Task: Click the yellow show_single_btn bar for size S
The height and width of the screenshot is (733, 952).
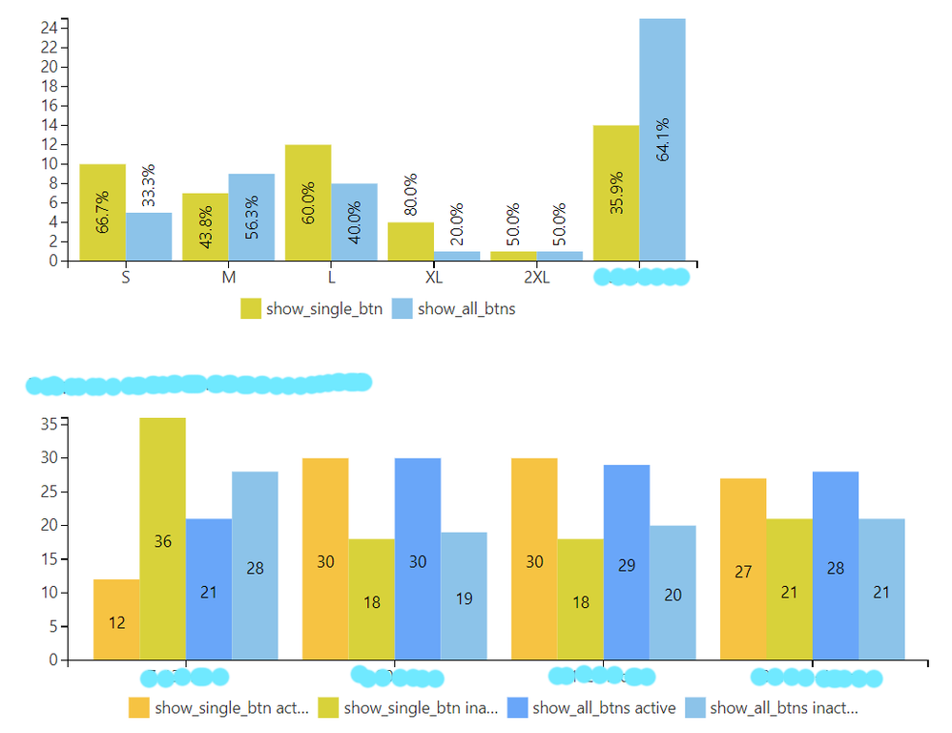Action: coord(102,212)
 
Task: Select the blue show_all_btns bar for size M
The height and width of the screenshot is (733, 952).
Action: coord(251,217)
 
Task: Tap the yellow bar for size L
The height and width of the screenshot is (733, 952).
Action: coord(308,202)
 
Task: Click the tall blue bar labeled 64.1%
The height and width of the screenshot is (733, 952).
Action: coord(662,139)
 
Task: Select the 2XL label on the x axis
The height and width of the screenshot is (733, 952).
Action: coord(537,278)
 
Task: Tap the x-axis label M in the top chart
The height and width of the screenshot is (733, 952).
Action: coord(229,278)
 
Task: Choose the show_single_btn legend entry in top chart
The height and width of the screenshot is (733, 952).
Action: coord(311,308)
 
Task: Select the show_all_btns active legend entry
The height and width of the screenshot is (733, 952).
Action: coord(591,707)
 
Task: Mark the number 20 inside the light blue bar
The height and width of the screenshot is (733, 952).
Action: coord(673,594)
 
